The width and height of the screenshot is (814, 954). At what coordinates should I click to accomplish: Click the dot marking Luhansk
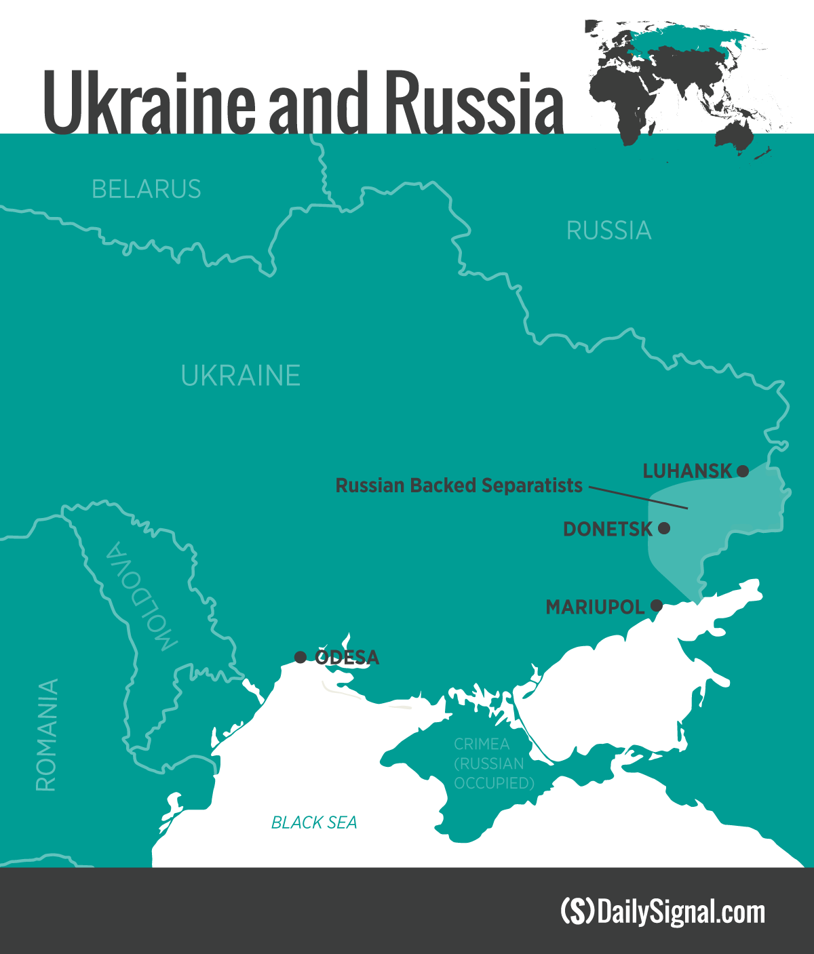click(743, 471)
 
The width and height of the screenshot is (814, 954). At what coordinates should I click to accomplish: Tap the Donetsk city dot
click(664, 528)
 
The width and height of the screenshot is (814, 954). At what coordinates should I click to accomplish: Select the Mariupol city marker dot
click(657, 605)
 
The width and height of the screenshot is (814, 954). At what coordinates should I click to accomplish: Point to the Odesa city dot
click(301, 657)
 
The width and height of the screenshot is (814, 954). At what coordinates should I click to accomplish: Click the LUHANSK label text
click(687, 471)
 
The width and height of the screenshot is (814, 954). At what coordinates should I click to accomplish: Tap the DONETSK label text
click(608, 529)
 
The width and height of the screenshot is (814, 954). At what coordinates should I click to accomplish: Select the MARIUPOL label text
click(595, 607)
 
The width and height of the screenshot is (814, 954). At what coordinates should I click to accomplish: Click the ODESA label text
click(347, 658)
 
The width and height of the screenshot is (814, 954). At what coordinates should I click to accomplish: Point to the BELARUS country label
click(147, 189)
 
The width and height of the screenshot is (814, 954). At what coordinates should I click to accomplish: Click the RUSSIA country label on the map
click(608, 231)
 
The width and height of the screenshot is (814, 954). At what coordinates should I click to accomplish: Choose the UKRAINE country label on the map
click(240, 376)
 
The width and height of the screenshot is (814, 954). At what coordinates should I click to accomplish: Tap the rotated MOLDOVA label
click(140, 597)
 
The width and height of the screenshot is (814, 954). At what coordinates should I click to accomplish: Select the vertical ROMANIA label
click(47, 735)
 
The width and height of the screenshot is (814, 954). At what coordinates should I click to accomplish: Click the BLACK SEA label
click(313, 822)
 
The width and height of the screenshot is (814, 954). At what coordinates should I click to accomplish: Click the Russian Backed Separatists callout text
click(459, 485)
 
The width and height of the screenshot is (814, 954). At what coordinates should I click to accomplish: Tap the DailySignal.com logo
click(663, 911)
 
